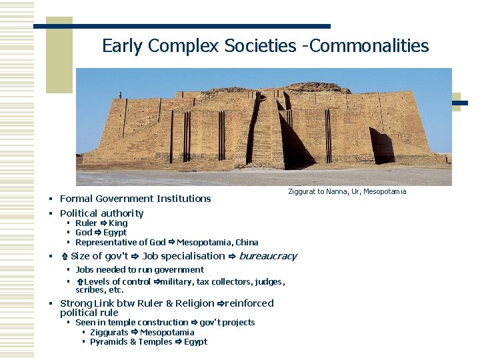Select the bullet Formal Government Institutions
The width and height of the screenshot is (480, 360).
point(135,199)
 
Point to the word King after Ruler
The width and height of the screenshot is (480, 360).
point(118,223)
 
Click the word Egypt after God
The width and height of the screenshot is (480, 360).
point(115,233)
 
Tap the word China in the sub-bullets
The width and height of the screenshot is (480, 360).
point(247,243)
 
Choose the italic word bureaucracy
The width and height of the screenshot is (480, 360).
point(268,256)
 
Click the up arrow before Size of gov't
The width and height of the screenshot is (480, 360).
point(64,257)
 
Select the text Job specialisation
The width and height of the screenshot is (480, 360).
point(183,256)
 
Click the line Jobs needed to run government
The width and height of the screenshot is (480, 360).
point(139,270)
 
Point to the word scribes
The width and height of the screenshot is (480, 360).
point(89,290)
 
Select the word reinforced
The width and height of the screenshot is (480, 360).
point(249,303)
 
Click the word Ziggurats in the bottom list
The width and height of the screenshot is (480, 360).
point(109,333)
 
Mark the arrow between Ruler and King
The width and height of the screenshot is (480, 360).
point(103,223)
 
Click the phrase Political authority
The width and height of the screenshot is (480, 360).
point(101,213)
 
